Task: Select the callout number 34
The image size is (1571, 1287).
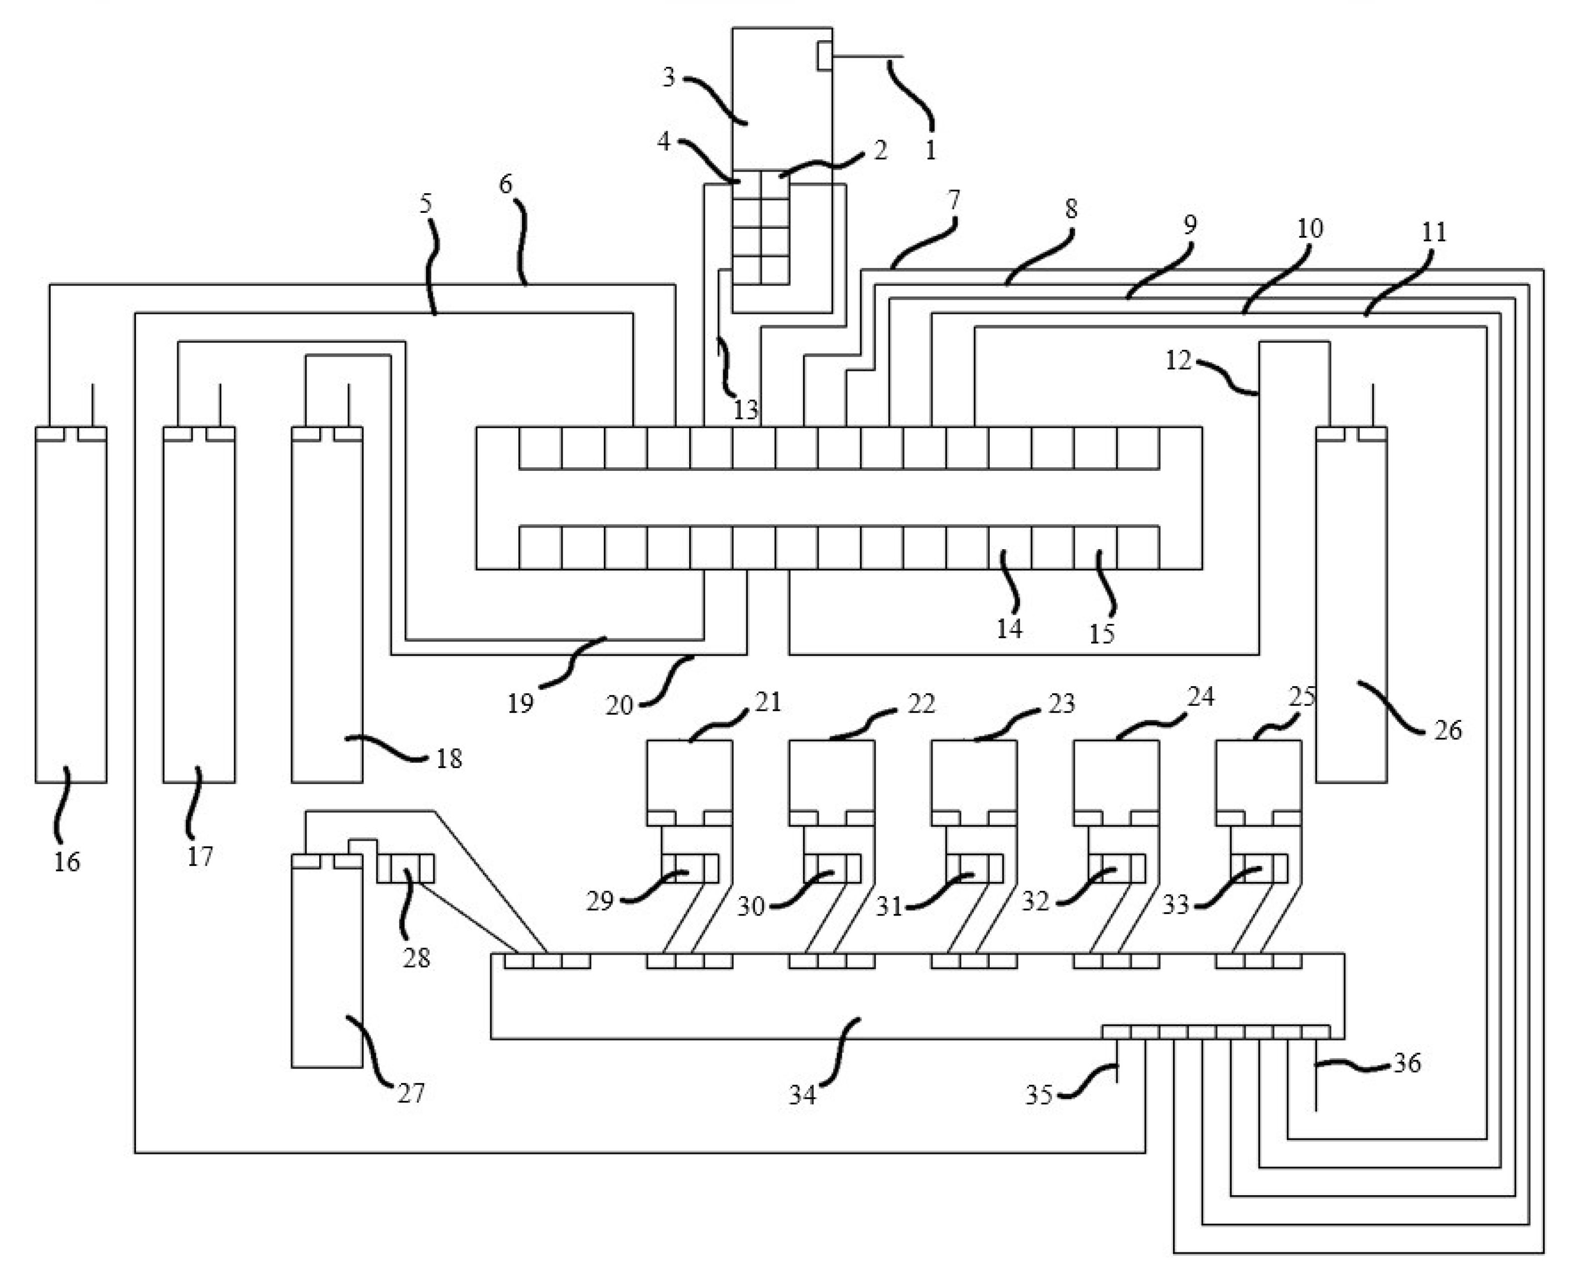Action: tap(802, 1095)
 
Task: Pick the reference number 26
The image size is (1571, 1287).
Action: tap(1447, 730)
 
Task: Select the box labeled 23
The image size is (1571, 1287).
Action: tap(973, 775)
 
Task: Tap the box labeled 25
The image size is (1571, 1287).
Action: tap(1258, 775)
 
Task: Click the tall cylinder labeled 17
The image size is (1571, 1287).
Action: tap(199, 608)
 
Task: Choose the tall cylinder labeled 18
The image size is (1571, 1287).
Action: tap(326, 608)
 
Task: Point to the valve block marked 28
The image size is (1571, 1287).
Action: tap(406, 868)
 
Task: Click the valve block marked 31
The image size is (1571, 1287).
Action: tap(974, 868)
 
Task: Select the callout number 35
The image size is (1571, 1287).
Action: tap(1038, 1095)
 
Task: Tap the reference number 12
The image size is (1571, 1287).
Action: tap(1178, 360)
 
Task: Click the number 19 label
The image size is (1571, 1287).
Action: tap(520, 703)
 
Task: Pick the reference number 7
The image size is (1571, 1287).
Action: tap(954, 200)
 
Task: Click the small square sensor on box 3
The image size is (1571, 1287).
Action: tap(824, 56)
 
